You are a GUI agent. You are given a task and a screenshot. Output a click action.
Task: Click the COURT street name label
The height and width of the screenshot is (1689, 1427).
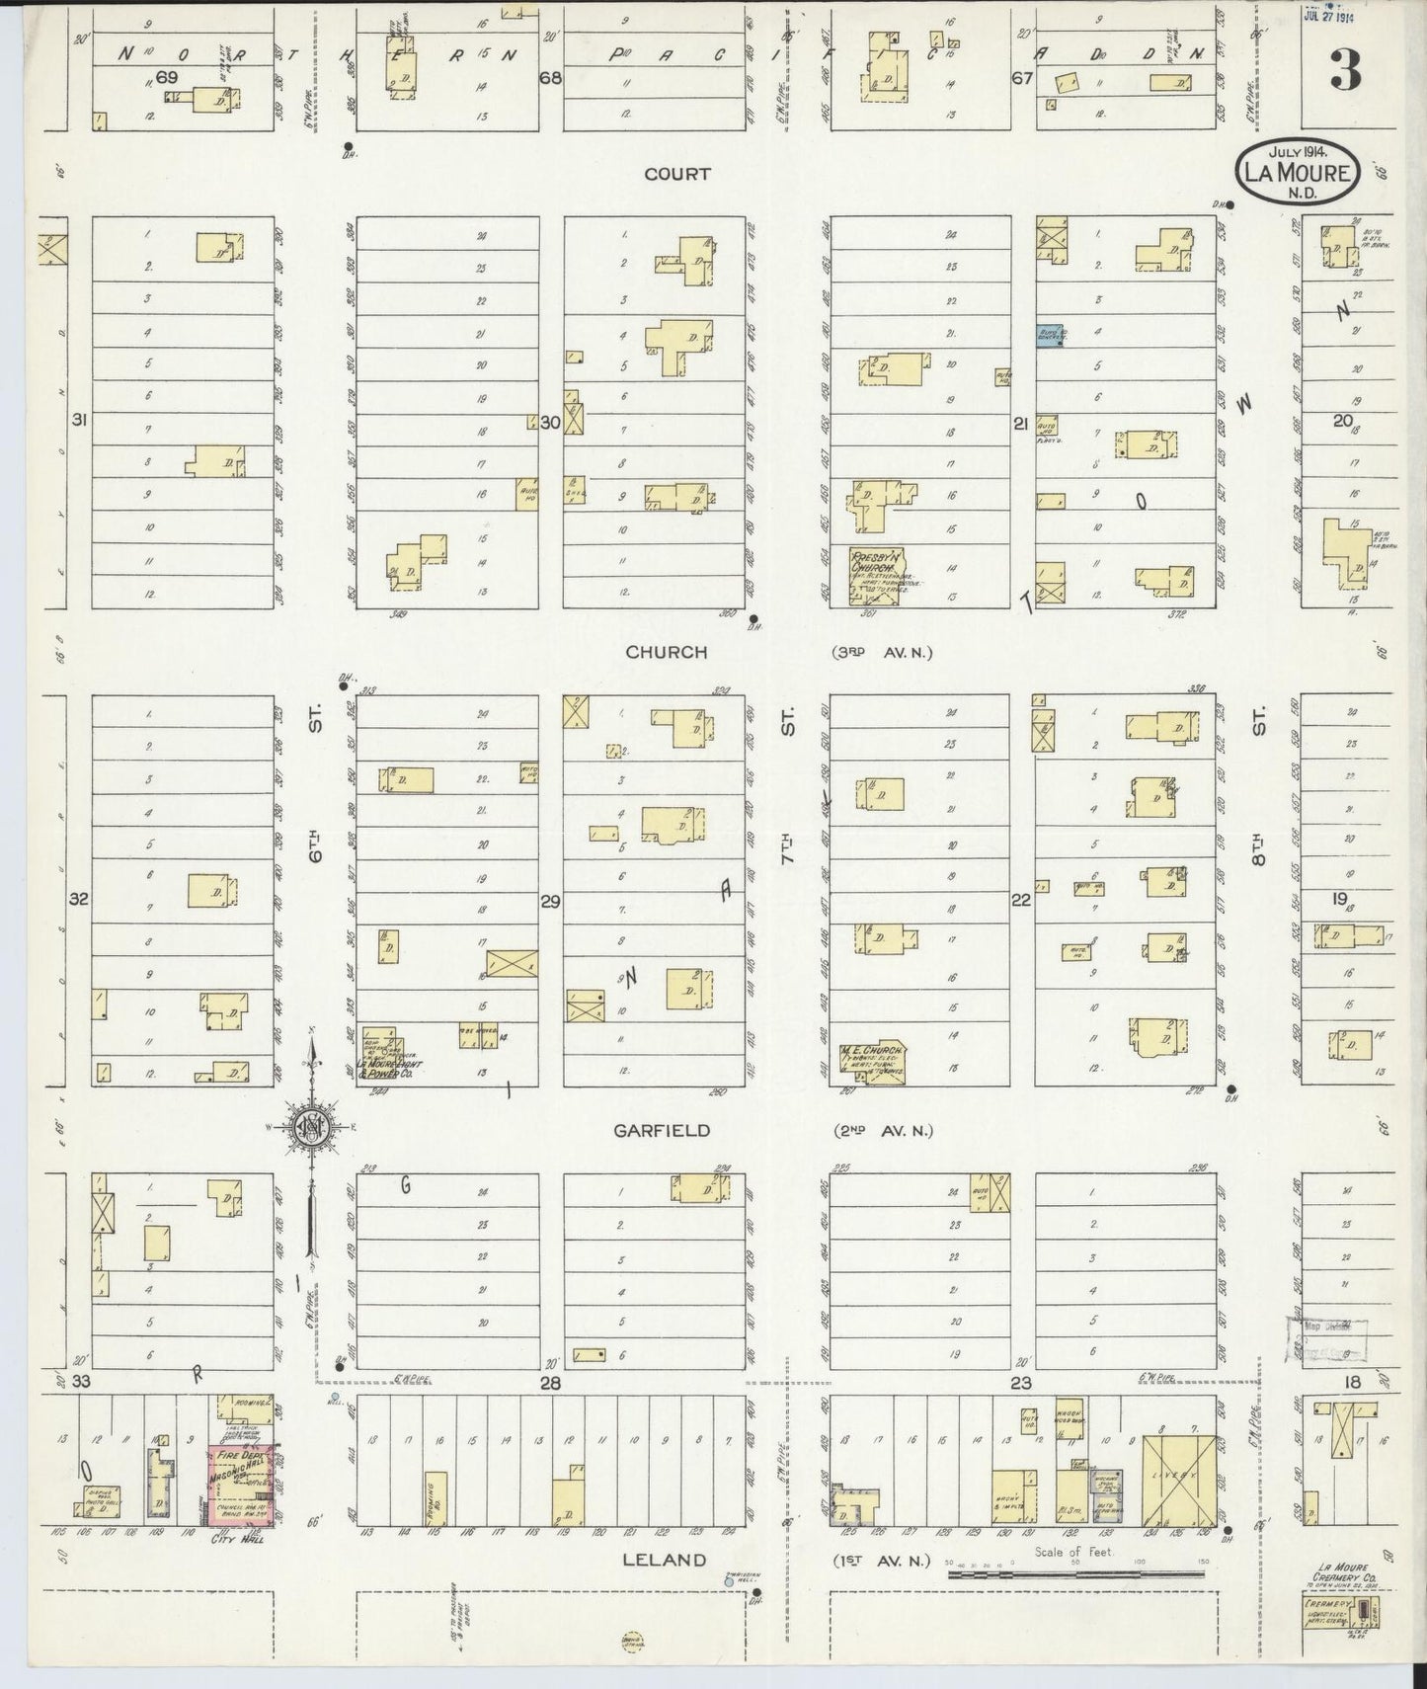pos(676,174)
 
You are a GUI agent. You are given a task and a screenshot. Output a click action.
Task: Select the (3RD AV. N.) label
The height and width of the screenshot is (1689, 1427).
pos(880,652)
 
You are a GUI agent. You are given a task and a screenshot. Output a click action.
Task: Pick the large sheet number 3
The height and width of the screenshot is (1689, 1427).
pos(1345,70)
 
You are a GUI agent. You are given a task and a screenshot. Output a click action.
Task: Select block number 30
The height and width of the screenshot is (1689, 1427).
pos(550,422)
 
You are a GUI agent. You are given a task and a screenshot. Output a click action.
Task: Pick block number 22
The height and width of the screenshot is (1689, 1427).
pos(1020,899)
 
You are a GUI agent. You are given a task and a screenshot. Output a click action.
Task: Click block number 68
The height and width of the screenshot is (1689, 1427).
pos(550,77)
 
